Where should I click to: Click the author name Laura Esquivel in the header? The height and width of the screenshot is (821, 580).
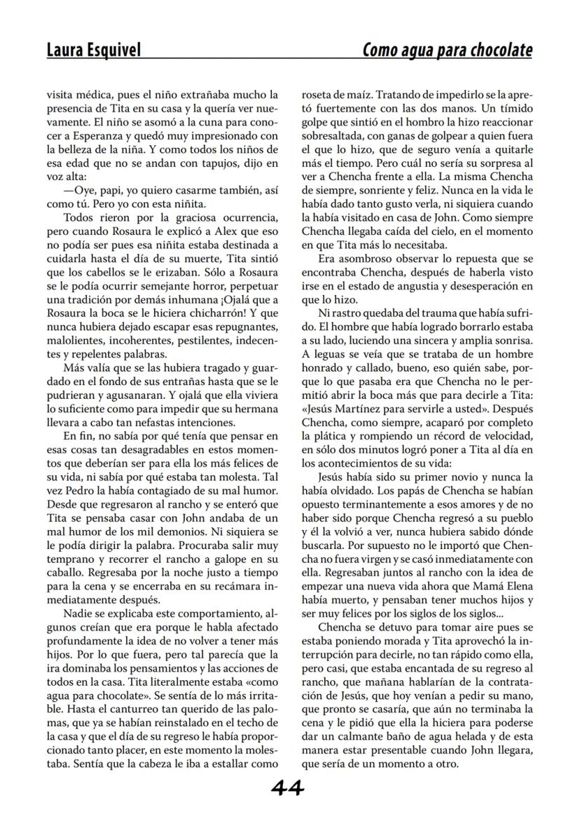click(x=93, y=50)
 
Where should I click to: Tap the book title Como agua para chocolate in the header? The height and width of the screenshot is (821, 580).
click(x=447, y=50)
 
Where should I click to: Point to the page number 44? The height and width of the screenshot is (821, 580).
click(x=288, y=788)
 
